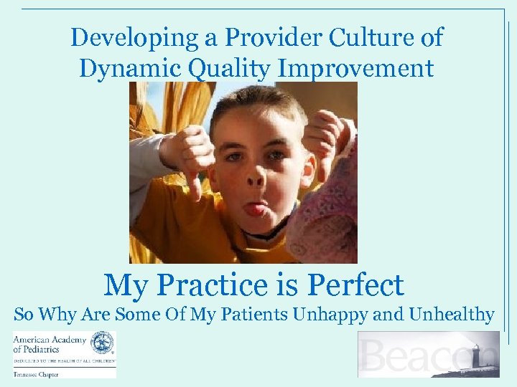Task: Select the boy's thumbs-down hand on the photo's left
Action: (189, 154)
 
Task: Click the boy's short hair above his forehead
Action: (259, 107)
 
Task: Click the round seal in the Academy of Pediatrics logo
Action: (103, 343)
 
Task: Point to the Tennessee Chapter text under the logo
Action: (35, 374)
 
